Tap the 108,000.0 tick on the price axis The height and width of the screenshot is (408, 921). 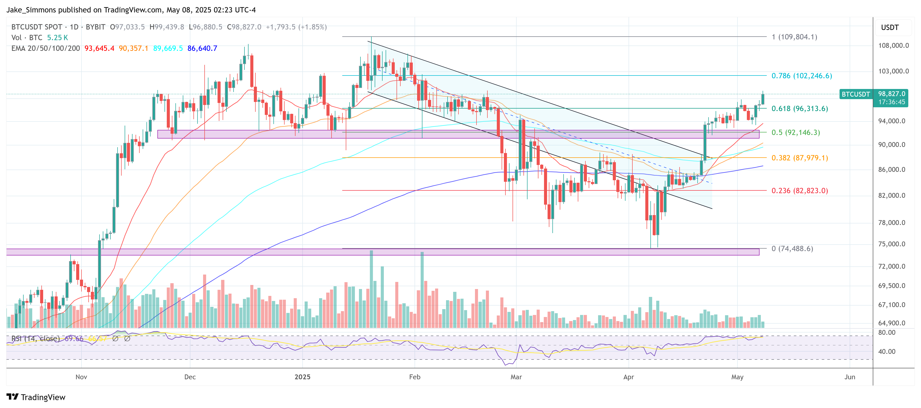click(x=893, y=46)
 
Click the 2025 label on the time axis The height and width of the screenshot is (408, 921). click(x=302, y=377)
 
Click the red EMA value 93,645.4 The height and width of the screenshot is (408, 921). click(x=99, y=48)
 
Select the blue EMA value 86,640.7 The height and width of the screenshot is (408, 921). click(x=202, y=48)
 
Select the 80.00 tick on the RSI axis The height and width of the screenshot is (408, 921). click(x=887, y=333)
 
